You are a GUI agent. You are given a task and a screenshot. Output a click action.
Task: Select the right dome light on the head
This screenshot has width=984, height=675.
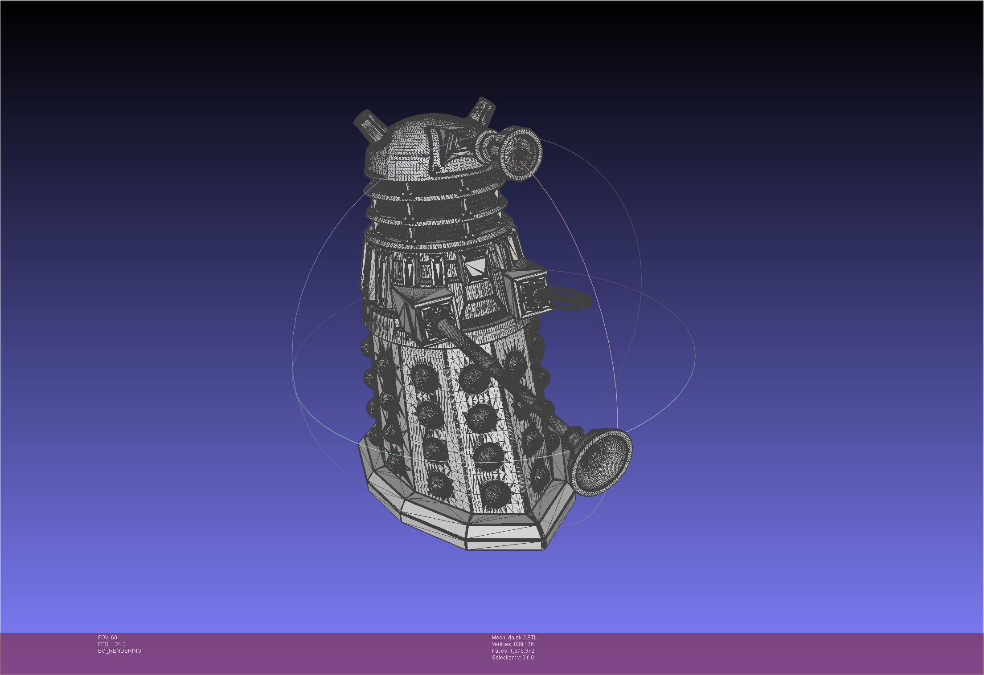point(483,109)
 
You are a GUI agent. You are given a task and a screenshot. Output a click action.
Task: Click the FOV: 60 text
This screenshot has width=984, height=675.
point(107,638)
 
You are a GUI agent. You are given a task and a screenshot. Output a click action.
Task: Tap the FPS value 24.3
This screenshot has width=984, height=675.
point(120,644)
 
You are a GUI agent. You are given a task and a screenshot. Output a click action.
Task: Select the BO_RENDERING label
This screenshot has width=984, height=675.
point(119,651)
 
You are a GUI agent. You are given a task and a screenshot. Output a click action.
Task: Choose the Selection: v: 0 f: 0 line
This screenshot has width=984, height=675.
point(512,658)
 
